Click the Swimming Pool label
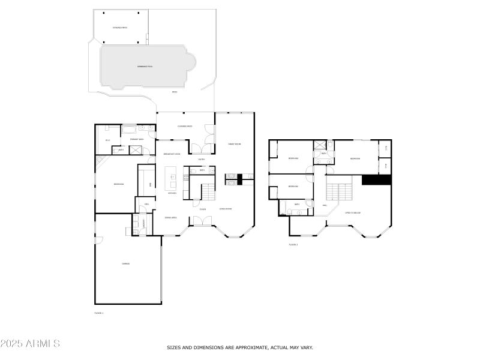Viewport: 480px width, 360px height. point(145,66)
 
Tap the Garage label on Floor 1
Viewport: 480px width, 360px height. point(126,263)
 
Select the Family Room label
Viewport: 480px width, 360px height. point(234,145)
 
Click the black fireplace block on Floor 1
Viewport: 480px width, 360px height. point(239,178)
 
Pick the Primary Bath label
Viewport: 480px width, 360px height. point(137,139)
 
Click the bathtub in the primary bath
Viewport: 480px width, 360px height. point(129,128)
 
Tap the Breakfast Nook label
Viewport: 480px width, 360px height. point(172,154)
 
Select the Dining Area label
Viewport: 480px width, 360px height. point(170,218)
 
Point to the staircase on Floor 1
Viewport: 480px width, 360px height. point(207,193)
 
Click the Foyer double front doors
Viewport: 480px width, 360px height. point(201,221)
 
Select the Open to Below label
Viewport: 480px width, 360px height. point(352,212)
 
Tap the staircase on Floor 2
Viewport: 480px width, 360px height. point(340,193)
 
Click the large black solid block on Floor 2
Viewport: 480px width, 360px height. point(376,179)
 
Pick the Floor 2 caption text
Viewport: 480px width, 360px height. point(293,244)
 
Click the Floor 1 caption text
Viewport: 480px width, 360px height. point(99,313)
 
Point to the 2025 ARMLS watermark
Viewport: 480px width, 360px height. point(30,344)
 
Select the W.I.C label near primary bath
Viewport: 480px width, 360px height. point(108,140)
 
